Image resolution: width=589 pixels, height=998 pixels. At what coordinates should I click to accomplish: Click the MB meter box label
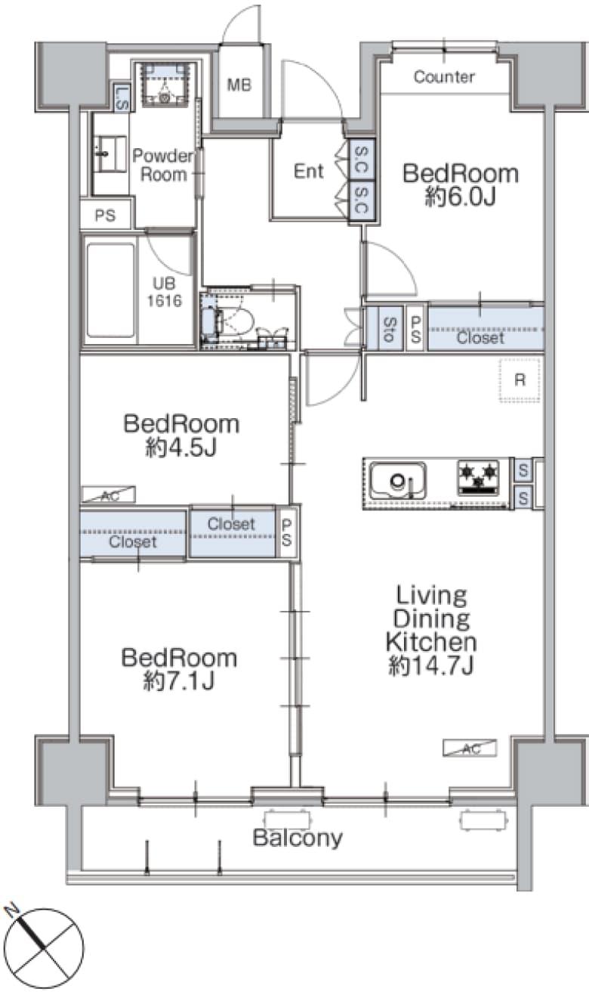pyautogui.click(x=239, y=85)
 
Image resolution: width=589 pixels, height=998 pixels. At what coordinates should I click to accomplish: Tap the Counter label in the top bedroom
pyautogui.click(x=444, y=77)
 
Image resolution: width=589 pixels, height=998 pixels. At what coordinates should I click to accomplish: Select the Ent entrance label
pyautogui.click(x=308, y=171)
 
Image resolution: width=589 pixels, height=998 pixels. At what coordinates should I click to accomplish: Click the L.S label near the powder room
pyautogui.click(x=122, y=98)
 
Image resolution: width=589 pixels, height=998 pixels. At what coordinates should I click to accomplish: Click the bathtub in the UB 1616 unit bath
pyautogui.click(x=110, y=290)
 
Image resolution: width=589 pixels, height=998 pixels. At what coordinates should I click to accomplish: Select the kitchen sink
pyautogui.click(x=398, y=480)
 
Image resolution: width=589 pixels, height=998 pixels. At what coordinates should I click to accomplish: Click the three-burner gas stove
pyautogui.click(x=478, y=477)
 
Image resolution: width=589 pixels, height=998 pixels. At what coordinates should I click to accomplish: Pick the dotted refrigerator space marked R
pyautogui.click(x=520, y=380)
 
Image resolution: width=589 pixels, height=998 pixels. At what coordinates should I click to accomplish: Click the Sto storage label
pyautogui.click(x=390, y=330)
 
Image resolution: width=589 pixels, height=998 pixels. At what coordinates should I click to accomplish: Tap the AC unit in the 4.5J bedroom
pyautogui.click(x=109, y=495)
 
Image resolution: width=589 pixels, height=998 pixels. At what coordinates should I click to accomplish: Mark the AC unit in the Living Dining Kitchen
pyautogui.click(x=470, y=748)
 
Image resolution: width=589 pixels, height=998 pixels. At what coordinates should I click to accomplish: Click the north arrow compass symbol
pyautogui.click(x=44, y=944)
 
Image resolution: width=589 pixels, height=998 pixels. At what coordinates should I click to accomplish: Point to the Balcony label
pyautogui.click(x=298, y=838)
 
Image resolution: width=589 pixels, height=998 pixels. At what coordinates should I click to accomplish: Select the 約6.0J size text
pyautogui.click(x=461, y=196)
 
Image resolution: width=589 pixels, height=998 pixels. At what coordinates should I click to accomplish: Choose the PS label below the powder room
pyautogui.click(x=105, y=215)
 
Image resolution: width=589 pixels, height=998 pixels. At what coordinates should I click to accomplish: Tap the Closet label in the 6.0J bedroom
pyautogui.click(x=480, y=338)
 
